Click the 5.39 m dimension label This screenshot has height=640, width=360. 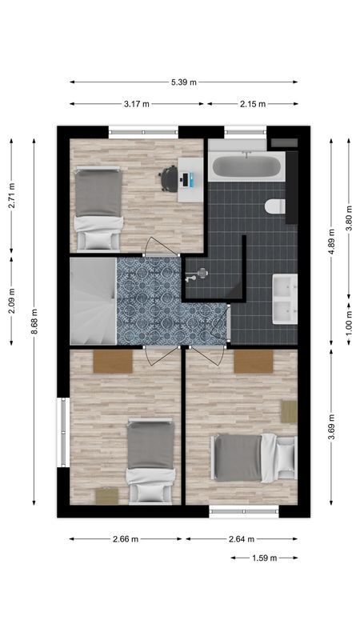[x=183, y=82]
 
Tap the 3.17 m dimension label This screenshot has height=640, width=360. [x=136, y=104]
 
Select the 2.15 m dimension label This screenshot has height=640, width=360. [x=253, y=104]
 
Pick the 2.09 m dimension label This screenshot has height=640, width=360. [x=11, y=300]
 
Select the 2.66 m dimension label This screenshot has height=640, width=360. [x=126, y=539]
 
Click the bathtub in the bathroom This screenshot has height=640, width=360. [x=246, y=168]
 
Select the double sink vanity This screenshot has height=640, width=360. [x=285, y=298]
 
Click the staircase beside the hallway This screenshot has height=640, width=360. [x=93, y=301]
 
